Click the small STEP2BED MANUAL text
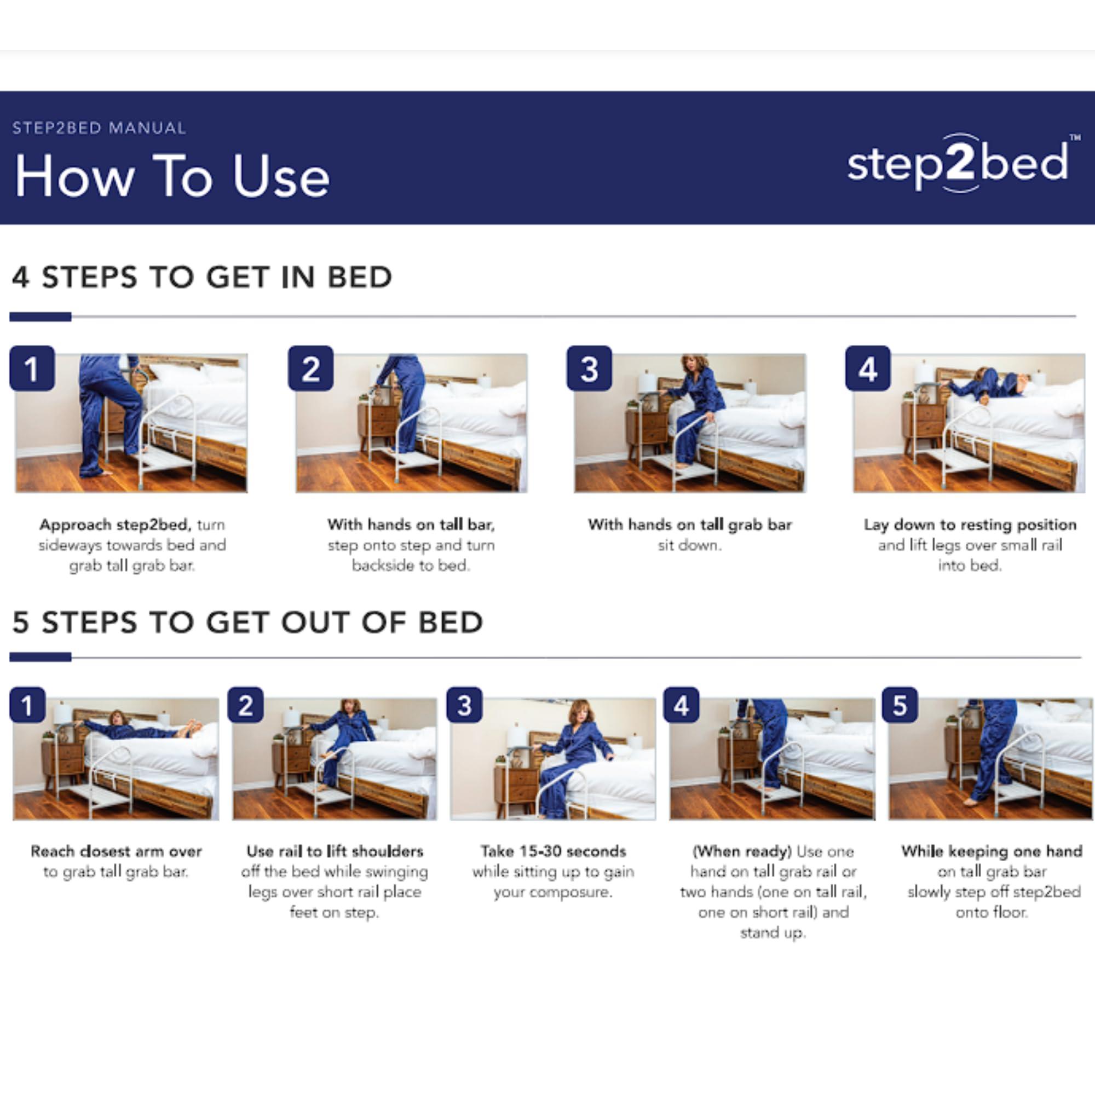tap(99, 128)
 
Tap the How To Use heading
tap(172, 176)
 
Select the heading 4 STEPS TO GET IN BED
tap(202, 277)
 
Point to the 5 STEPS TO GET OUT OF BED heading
tap(247, 623)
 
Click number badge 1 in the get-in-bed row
tap(32, 368)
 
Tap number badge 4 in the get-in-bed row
tap(868, 368)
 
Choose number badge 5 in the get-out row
tap(900, 705)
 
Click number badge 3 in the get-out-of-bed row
tap(464, 705)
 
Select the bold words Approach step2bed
tap(115, 525)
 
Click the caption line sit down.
tap(690, 545)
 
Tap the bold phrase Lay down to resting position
tap(970, 525)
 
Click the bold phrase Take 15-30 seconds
tap(553, 851)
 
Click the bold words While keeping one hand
tap(992, 851)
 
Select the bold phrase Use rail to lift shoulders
tap(335, 851)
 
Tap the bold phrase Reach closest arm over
tap(116, 851)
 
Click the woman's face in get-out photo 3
tap(581, 713)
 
